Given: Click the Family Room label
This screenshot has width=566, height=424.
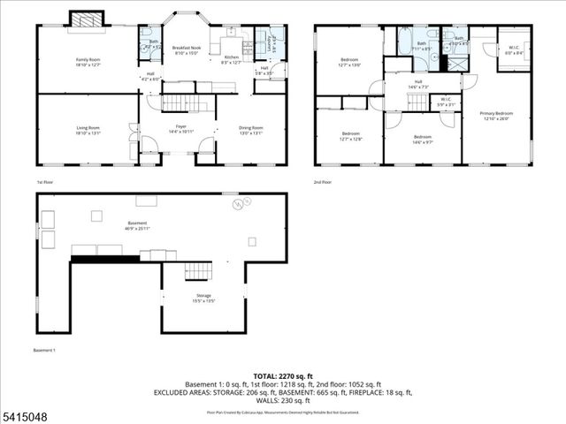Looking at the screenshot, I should [88, 62].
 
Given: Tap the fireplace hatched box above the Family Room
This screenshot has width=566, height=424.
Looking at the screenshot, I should [87, 19].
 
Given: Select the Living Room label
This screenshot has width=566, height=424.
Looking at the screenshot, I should [88, 131].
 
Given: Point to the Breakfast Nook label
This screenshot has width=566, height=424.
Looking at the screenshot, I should [186, 49].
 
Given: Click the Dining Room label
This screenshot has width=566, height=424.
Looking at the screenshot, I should [251, 131].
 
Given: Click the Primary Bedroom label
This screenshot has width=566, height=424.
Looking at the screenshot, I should [496, 116].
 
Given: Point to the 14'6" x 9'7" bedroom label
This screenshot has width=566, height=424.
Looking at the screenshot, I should [422, 139].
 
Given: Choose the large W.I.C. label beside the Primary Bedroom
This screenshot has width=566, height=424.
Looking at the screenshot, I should [513, 49].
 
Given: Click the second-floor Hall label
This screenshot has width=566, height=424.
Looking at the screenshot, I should [417, 85].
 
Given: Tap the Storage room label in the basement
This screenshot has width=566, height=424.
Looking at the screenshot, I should [203, 298].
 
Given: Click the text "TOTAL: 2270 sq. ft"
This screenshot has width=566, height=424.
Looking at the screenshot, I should [282, 375].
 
